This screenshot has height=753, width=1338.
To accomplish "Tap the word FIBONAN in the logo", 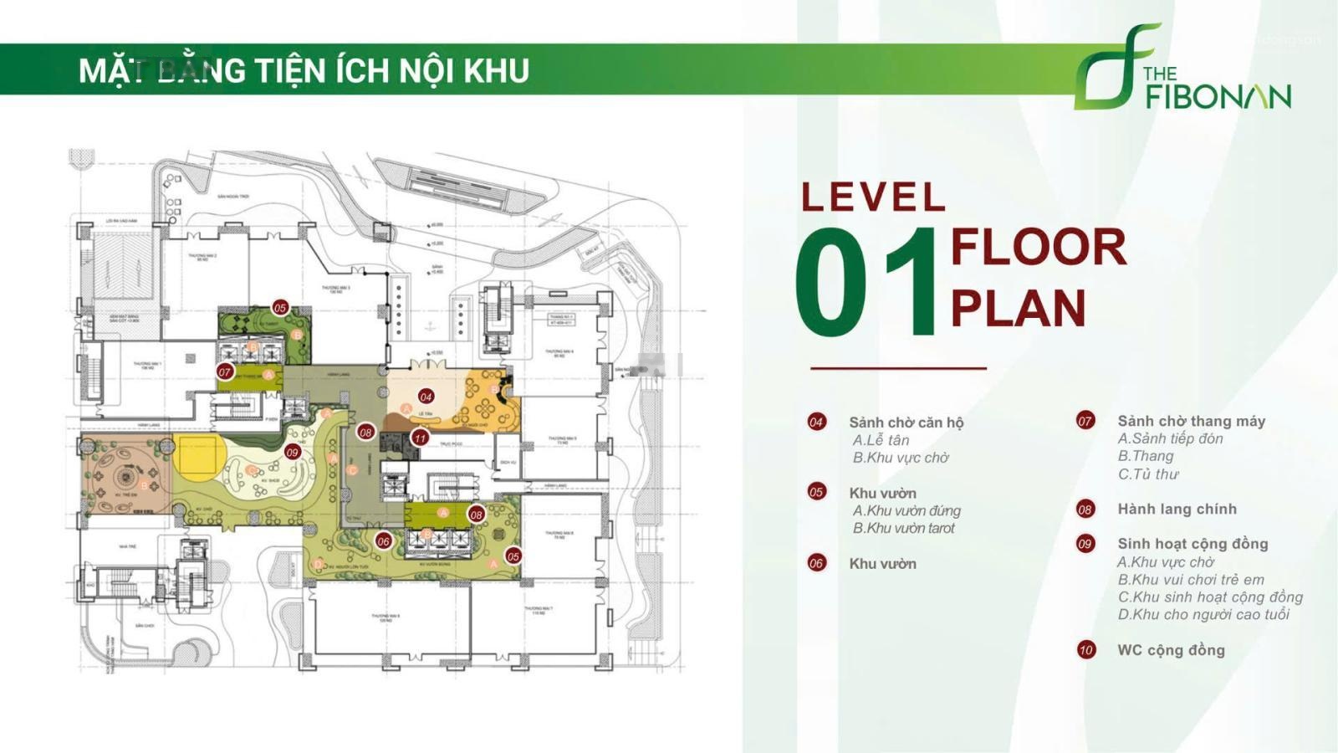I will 1218,96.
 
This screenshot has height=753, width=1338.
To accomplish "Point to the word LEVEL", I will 873,197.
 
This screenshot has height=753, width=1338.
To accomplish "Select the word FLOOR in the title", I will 1039,248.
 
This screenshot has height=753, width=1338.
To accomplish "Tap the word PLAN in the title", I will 1018,309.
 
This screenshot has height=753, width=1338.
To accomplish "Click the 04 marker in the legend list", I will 816,422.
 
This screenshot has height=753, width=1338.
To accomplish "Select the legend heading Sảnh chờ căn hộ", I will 906,423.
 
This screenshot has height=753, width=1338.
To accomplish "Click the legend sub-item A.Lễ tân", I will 881,440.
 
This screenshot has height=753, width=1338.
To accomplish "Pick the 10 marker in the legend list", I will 1085,649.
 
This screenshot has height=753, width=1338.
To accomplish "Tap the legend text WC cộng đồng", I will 1171,650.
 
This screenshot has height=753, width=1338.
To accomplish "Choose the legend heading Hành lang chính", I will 1177,509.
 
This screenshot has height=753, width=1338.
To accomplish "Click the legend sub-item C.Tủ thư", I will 1147,474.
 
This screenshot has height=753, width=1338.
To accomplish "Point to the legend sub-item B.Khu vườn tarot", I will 903,528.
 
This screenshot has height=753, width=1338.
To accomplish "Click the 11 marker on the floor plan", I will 420,438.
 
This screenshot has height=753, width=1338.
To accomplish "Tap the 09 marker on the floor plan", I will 292,453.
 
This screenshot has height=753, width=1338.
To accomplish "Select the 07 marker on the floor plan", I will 224,371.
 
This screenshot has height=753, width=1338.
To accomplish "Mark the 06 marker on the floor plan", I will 383,541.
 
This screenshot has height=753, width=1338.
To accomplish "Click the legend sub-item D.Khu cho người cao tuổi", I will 1203,614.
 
